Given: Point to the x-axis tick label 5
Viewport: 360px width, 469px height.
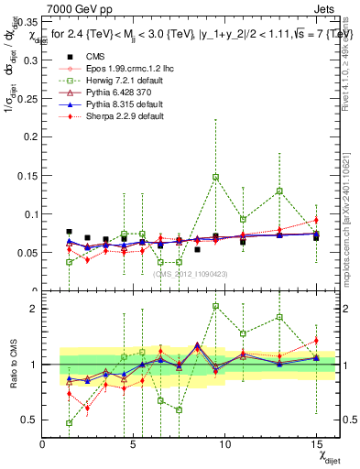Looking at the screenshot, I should coord(134,444).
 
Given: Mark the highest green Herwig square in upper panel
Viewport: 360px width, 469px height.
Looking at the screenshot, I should coord(215,177).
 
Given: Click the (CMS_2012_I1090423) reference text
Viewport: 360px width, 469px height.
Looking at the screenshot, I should coord(191,274).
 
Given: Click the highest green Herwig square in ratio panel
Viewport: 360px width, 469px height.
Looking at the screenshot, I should coord(215,306).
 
